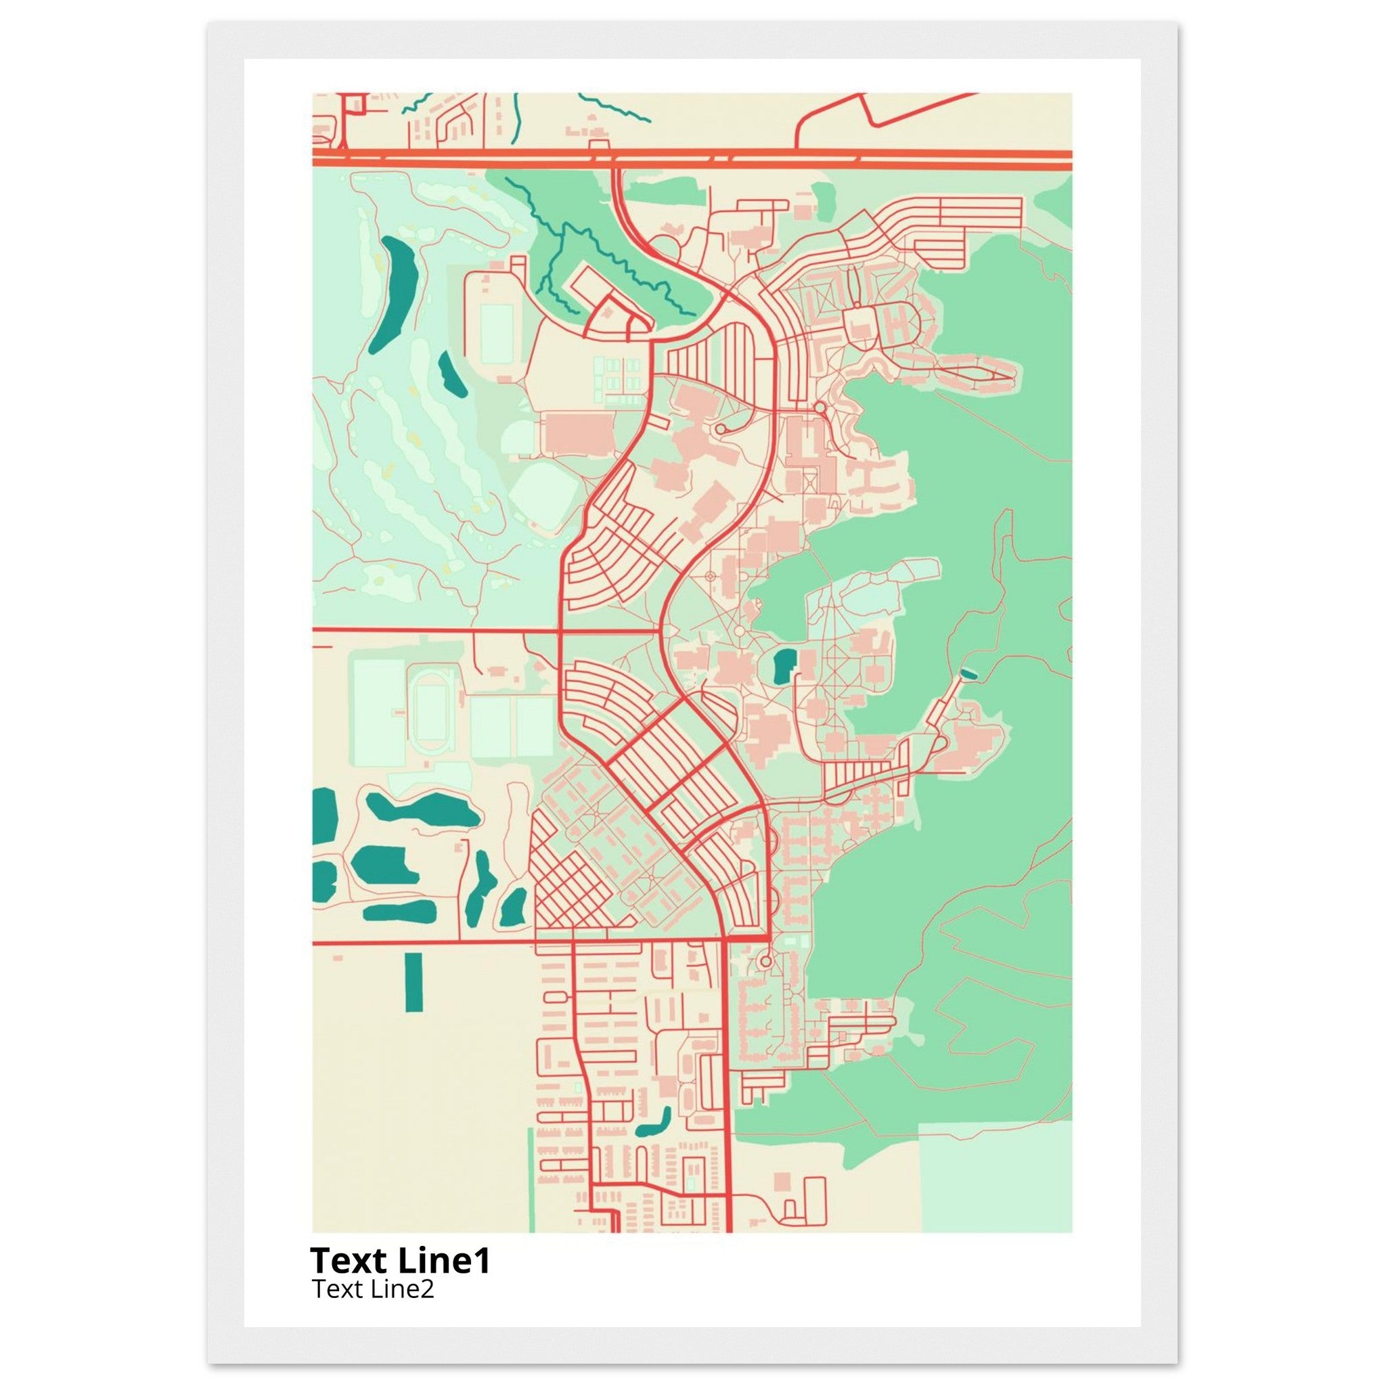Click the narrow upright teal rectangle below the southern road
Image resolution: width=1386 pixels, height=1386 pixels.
[414, 982]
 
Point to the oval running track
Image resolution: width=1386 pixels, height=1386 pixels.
[430, 713]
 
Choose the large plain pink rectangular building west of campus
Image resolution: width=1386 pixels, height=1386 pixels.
[578, 432]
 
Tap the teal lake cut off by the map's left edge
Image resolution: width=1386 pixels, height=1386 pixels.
[324, 815]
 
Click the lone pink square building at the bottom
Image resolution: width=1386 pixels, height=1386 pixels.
[782, 1180]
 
